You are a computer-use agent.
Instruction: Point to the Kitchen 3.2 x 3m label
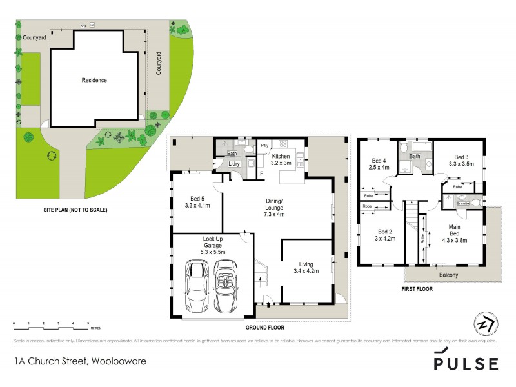281,161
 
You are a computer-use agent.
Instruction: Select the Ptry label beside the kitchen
264,146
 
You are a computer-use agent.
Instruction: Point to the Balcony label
449,276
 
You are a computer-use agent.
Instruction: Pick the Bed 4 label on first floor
379,164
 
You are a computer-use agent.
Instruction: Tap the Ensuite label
462,203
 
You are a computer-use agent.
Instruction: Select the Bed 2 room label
384,235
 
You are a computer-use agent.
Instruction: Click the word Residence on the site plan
94,81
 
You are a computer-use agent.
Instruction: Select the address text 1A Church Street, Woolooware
80,361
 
